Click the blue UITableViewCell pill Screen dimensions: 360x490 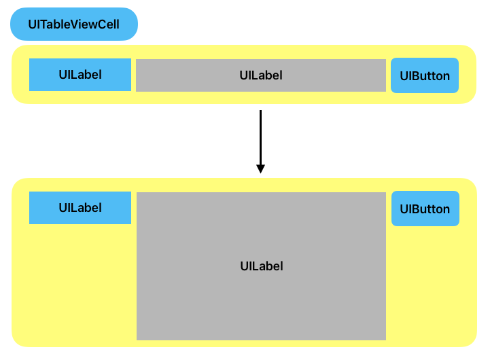click(73, 24)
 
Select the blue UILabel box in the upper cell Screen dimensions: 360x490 click(80, 75)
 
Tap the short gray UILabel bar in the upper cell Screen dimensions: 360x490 click(260, 75)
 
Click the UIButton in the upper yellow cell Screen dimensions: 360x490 click(424, 75)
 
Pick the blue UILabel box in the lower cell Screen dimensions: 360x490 click(80, 208)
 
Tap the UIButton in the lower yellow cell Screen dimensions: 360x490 click(425, 209)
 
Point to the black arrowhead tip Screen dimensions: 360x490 click(260, 173)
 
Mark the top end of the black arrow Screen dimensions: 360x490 click(260, 111)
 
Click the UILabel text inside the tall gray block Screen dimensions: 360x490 click(261, 266)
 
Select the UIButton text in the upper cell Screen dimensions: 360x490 click(424, 76)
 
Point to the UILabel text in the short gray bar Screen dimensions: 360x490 click(260, 75)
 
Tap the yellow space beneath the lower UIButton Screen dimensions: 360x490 click(428, 285)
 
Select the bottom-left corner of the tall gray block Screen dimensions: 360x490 click(138, 338)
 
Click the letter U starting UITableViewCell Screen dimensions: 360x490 click(32, 24)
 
